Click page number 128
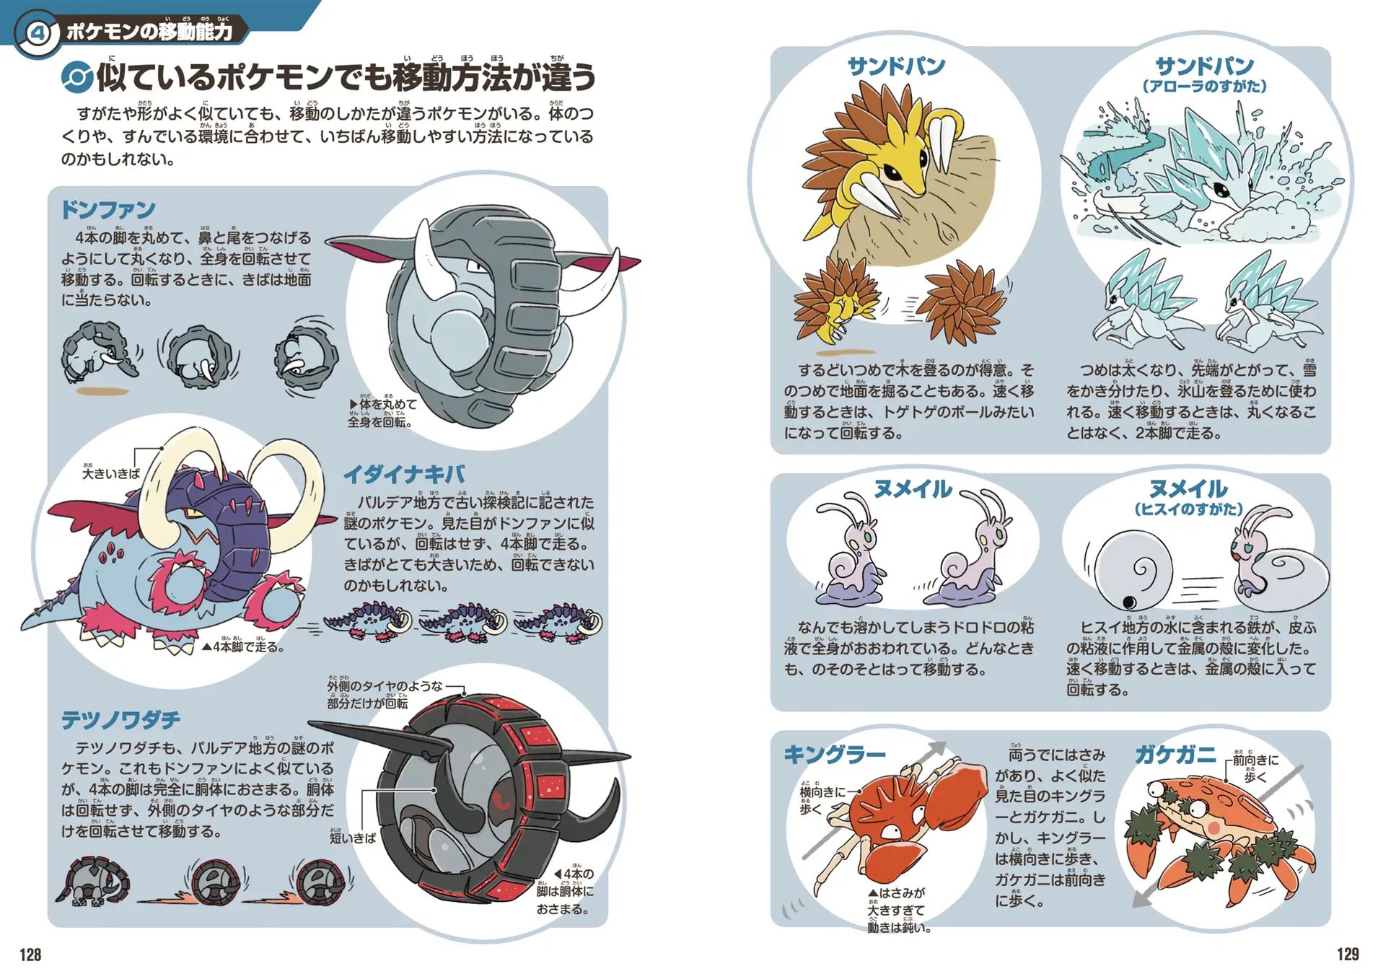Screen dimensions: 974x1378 coord(30,955)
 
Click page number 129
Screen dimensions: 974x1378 coord(1347,954)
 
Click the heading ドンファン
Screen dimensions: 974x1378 coord(108,210)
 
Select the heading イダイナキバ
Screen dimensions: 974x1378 coord(404,474)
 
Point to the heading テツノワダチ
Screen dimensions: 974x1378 coord(120,719)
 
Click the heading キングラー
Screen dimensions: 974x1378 coord(834,755)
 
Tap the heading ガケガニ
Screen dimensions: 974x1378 coord(1175,755)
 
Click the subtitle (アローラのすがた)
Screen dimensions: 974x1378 coord(1203,87)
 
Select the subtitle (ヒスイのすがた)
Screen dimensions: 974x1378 coord(1188,509)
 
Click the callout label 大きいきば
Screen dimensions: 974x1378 coord(110,473)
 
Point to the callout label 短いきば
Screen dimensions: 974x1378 coord(352,838)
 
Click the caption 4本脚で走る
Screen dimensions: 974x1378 coord(243,647)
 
